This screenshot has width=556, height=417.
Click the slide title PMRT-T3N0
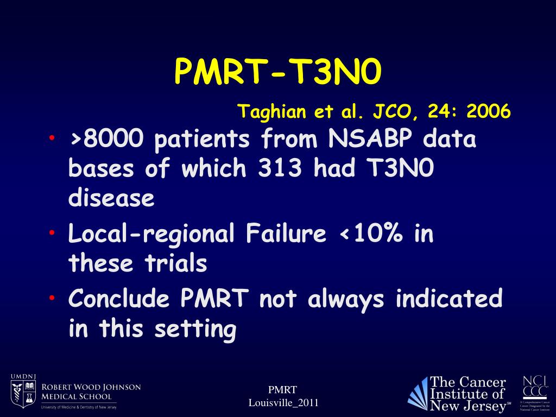point(278,72)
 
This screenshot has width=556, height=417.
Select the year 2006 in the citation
point(488,112)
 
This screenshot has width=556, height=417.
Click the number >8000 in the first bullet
point(106,140)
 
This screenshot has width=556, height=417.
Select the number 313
point(280,169)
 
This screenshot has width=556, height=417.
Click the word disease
point(111,198)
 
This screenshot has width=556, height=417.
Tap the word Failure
point(286,234)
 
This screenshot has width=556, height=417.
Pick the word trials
point(175,263)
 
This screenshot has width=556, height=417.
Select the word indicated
point(448,299)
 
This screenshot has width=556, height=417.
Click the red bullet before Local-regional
point(51,232)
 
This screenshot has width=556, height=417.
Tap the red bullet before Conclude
point(51,298)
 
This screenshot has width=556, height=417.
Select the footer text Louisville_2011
point(283,402)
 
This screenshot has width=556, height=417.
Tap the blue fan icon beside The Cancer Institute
point(418,394)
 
